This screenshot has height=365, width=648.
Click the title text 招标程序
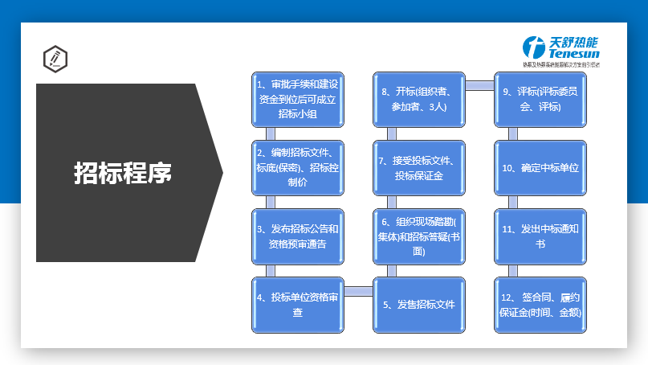pyautogui.click(x=123, y=172)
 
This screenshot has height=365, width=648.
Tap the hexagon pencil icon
pyautogui.click(x=55, y=59)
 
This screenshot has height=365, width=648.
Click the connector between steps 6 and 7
pyautogui.click(x=392, y=202)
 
